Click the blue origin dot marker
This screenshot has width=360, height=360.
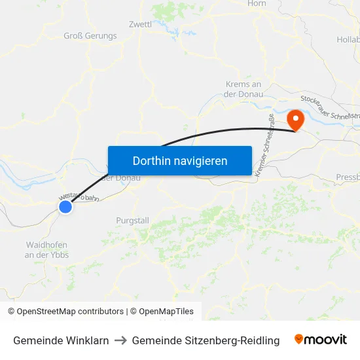point(65,207)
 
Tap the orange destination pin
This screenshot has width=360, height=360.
point(296,120)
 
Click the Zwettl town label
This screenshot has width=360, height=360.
point(141,24)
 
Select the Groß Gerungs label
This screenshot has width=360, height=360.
point(90,36)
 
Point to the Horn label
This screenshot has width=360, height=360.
point(257,4)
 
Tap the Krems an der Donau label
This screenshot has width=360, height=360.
point(243,89)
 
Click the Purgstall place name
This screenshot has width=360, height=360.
point(132,221)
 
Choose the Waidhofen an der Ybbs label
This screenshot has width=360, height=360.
point(46,249)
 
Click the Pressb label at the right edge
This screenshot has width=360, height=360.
point(347,177)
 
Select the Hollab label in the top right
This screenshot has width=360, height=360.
point(348,40)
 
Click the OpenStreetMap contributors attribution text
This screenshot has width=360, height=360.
point(67,312)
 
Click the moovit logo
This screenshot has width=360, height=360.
point(321,340)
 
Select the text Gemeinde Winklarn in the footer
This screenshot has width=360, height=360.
point(61,340)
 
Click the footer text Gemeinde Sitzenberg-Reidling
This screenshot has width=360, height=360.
point(206,340)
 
